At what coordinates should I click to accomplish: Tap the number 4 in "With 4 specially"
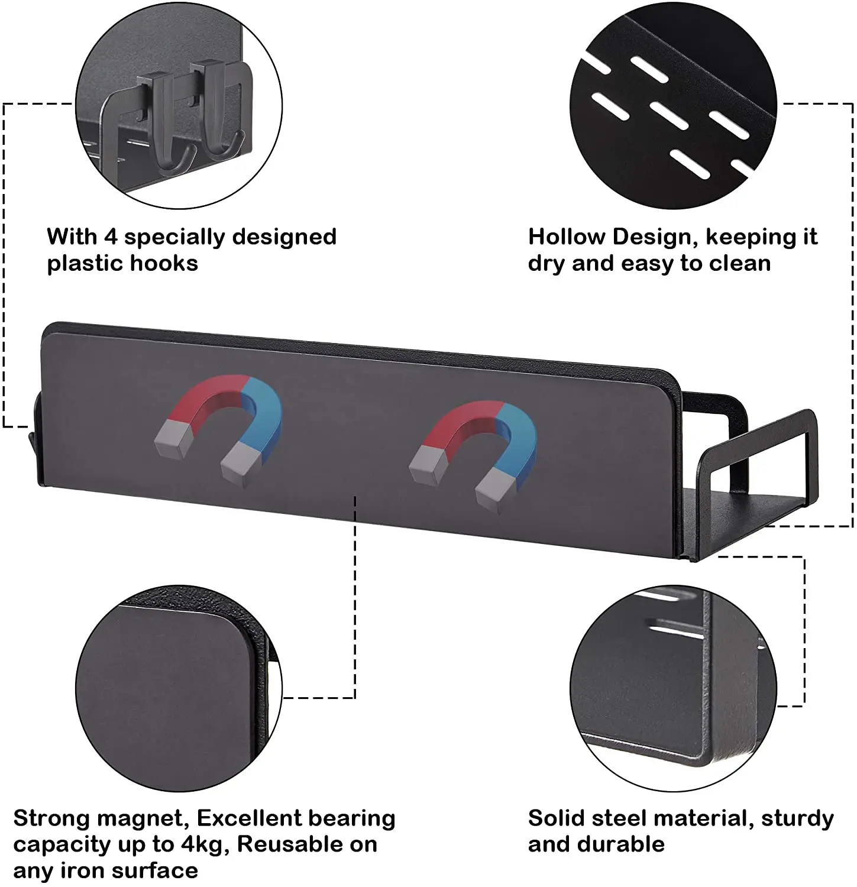point(111,237)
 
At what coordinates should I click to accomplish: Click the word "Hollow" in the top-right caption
point(566,237)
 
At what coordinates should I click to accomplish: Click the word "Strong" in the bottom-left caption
point(51,818)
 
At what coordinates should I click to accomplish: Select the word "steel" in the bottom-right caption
point(619,818)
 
